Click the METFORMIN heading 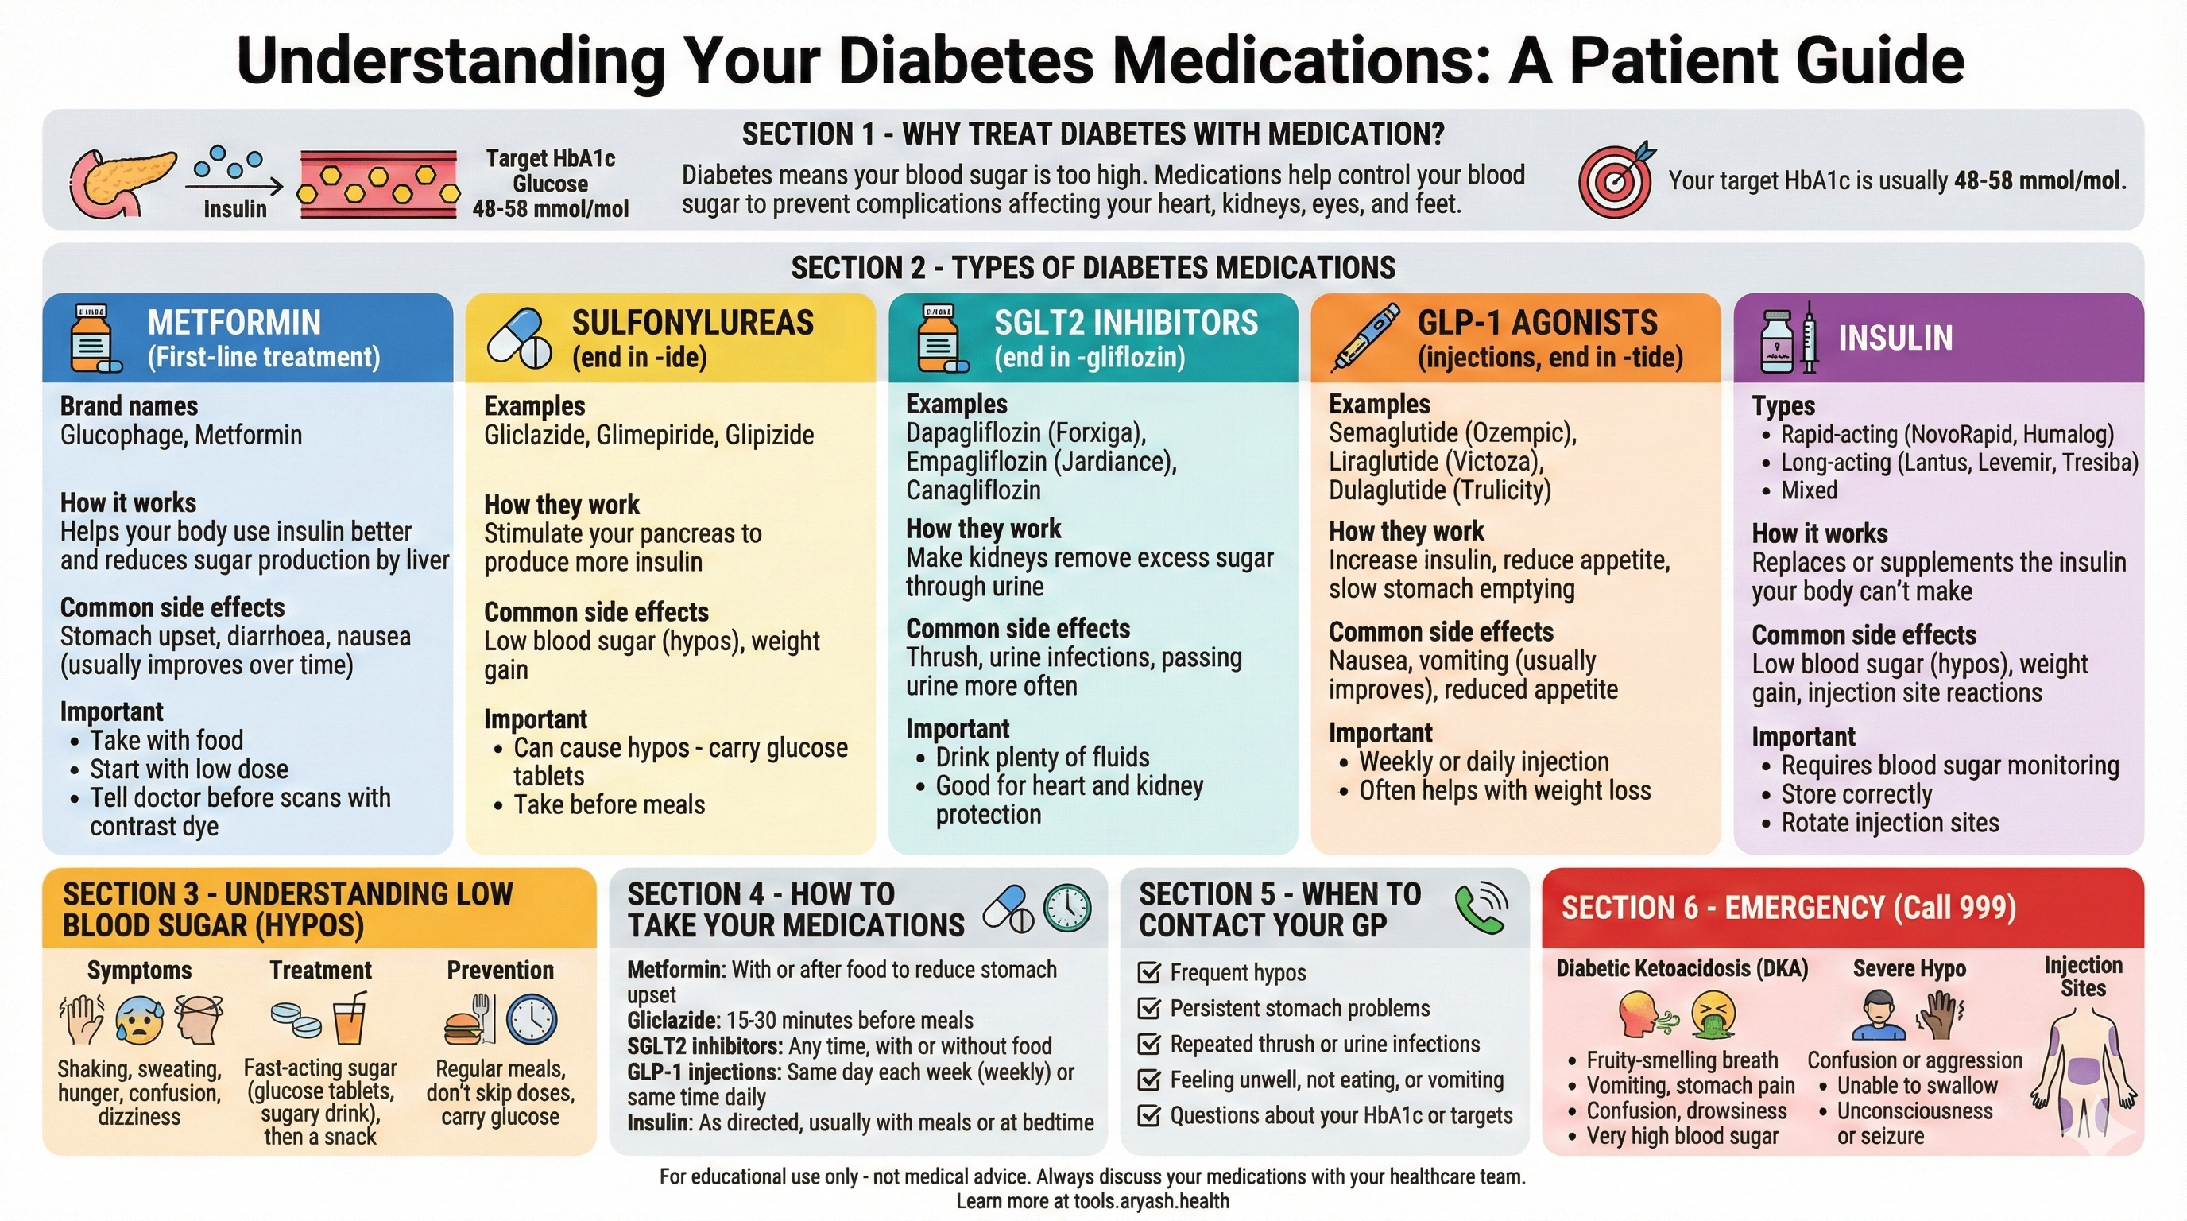click(x=234, y=323)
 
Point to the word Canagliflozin click(x=973, y=490)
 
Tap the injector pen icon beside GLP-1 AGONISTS click(x=1364, y=338)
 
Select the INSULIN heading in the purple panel click(x=1895, y=338)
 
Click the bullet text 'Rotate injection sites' click(x=1890, y=823)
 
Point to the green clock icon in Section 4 click(x=1067, y=908)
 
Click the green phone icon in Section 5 click(x=1481, y=908)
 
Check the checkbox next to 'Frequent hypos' click(x=1148, y=972)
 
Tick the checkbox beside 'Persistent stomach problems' click(x=1148, y=1008)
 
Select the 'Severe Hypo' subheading click(x=1909, y=969)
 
